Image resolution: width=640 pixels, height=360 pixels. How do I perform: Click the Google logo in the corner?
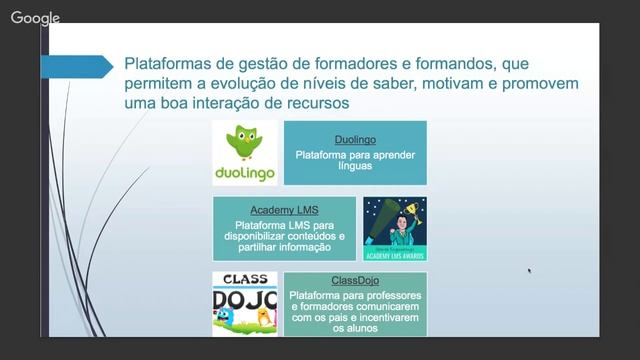point(35,17)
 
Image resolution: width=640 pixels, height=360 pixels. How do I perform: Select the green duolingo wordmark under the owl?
point(245,174)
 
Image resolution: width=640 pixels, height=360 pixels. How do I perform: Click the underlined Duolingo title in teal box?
point(355,140)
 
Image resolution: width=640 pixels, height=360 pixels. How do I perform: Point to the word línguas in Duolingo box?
point(355,167)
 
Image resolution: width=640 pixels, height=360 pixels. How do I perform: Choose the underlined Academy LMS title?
point(284,210)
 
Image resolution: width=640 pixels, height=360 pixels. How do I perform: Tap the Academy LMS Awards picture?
point(394,229)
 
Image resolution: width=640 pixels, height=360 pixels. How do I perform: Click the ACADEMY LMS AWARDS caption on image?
point(394,256)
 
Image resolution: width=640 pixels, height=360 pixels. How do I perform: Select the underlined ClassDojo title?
point(355,281)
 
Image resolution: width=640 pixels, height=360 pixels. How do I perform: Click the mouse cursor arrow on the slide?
point(529,269)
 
